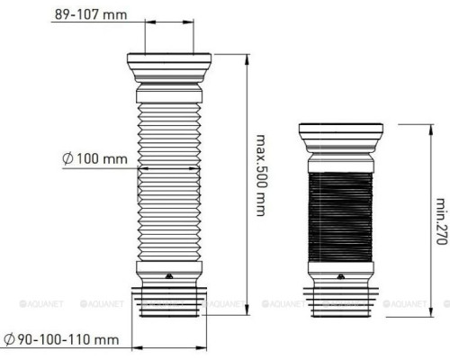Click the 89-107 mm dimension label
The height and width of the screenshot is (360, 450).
point(91,14)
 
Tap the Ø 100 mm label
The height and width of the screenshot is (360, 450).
point(94,158)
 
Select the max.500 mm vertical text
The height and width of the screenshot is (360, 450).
point(261,175)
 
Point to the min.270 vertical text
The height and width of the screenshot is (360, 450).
point(442,221)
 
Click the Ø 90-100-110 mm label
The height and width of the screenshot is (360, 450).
point(62,340)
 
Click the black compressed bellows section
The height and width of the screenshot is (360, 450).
point(340,217)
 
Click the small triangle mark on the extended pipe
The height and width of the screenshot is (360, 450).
point(169,277)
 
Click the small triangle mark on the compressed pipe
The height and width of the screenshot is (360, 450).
point(341,277)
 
